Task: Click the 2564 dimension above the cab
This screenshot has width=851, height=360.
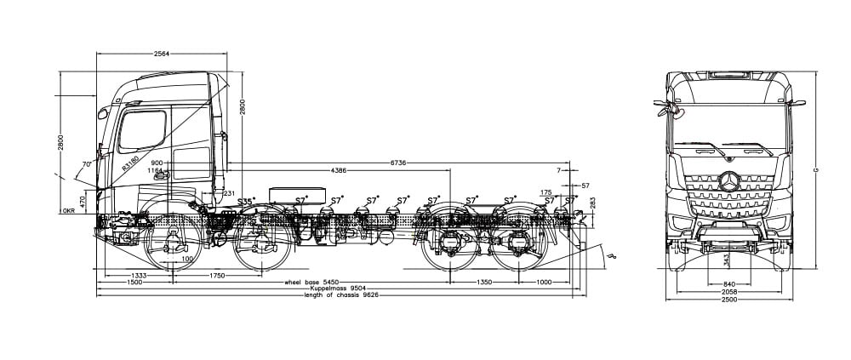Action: (162, 53)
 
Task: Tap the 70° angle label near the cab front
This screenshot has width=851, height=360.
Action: (86, 163)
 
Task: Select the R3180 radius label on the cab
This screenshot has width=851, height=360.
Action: (129, 163)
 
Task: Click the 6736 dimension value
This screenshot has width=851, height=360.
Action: (397, 161)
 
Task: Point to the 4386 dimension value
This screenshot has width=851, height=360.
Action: (338, 171)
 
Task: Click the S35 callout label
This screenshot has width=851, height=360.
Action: (246, 202)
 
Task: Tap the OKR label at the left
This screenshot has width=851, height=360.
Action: (69, 209)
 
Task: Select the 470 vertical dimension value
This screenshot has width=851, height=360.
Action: (83, 202)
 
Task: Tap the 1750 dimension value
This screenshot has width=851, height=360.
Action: (217, 276)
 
